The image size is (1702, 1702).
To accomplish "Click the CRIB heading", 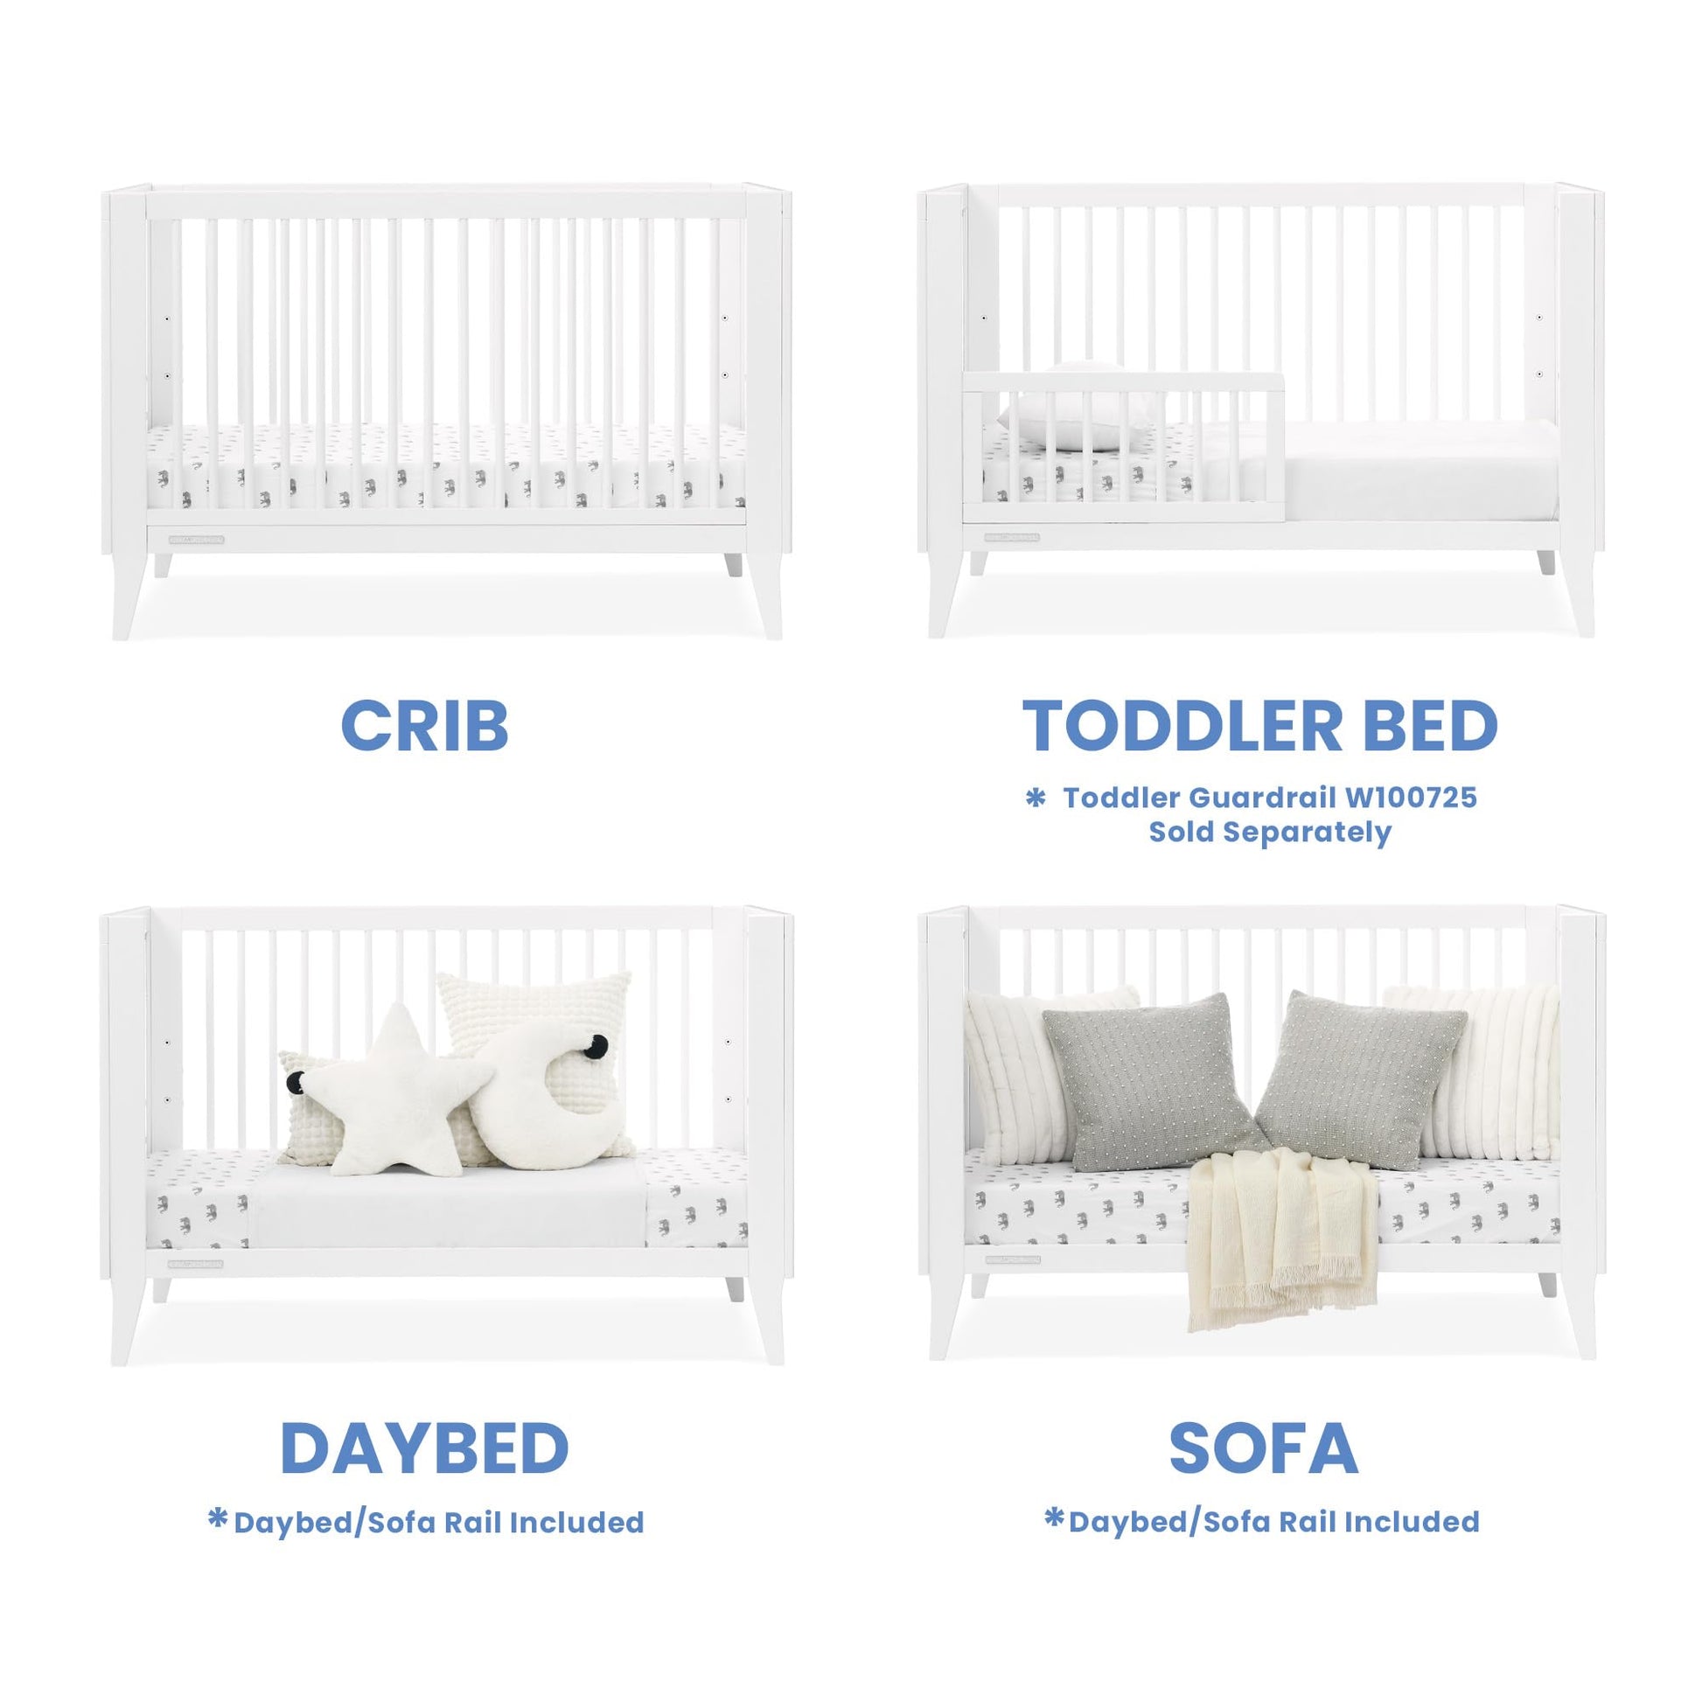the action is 424,726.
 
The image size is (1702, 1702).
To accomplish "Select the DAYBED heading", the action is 424,1449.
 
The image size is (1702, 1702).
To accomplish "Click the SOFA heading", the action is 1263,1449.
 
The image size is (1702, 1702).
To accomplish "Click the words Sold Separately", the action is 1269,833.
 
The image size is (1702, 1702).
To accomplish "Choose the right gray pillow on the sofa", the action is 1361,1080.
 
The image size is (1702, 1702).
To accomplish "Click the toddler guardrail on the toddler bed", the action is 1124,450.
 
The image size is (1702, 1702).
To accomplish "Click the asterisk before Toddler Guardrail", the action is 1036,799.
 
